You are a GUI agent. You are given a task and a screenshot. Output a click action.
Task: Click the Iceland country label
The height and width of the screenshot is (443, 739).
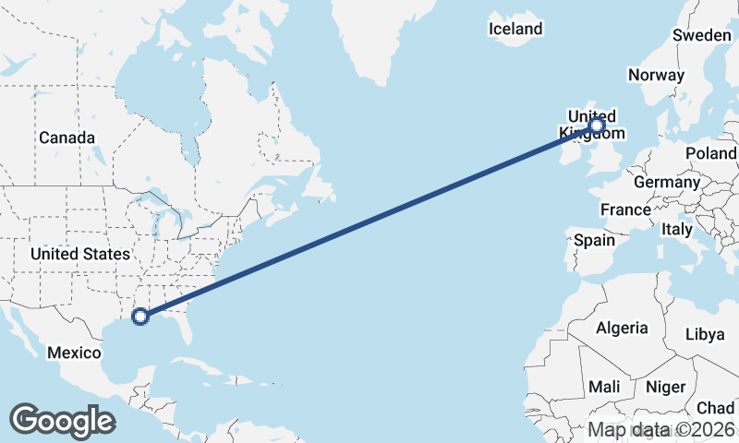(x=515, y=29)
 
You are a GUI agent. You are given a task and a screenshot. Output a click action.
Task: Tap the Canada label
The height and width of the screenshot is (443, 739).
(x=67, y=138)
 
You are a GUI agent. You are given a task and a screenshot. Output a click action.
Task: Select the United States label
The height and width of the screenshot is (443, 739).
(x=79, y=254)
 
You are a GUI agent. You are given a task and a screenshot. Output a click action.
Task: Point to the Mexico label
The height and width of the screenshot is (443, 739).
(x=73, y=353)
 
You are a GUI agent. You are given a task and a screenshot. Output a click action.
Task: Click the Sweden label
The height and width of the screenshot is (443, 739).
(x=701, y=35)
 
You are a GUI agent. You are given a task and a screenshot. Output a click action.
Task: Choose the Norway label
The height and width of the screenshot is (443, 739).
(x=656, y=75)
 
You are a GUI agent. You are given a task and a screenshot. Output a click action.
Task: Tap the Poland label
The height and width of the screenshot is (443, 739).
(x=711, y=153)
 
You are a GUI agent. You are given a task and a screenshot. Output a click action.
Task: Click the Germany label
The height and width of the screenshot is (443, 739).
(x=667, y=182)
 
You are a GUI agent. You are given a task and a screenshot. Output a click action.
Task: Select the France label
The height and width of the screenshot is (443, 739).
(x=625, y=210)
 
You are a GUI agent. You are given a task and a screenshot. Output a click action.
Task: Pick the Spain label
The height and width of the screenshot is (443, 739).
(x=594, y=240)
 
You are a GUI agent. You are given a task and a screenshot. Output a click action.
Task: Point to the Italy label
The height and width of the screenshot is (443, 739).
(x=677, y=228)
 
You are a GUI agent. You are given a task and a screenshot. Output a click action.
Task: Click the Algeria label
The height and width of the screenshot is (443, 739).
(x=622, y=328)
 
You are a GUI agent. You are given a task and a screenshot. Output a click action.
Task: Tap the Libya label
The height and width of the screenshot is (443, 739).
(x=705, y=334)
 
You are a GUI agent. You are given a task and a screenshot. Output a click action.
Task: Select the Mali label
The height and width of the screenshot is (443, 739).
(x=604, y=387)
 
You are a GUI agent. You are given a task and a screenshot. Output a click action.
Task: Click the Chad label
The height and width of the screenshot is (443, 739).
(x=715, y=408)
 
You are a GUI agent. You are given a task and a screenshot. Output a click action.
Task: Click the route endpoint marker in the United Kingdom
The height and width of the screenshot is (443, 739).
(x=597, y=125)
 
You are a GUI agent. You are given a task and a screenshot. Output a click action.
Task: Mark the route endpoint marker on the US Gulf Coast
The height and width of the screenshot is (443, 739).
(x=140, y=317)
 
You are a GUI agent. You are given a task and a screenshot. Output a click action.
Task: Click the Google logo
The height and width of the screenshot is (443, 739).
(x=62, y=420)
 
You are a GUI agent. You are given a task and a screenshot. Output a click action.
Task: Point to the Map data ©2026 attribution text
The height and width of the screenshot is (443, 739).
(x=661, y=429)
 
